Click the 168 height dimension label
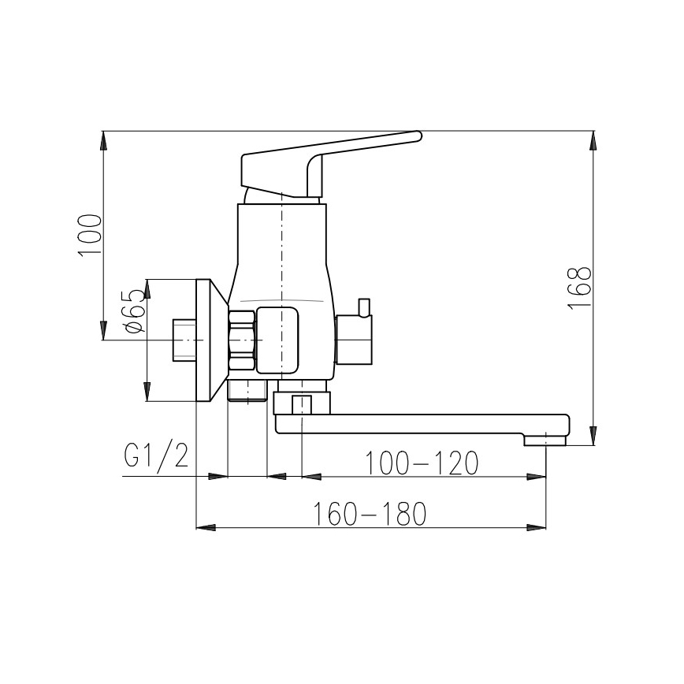(x=580, y=288)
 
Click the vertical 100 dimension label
(x=90, y=234)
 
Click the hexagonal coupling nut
(x=242, y=340)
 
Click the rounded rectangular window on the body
(x=279, y=340)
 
